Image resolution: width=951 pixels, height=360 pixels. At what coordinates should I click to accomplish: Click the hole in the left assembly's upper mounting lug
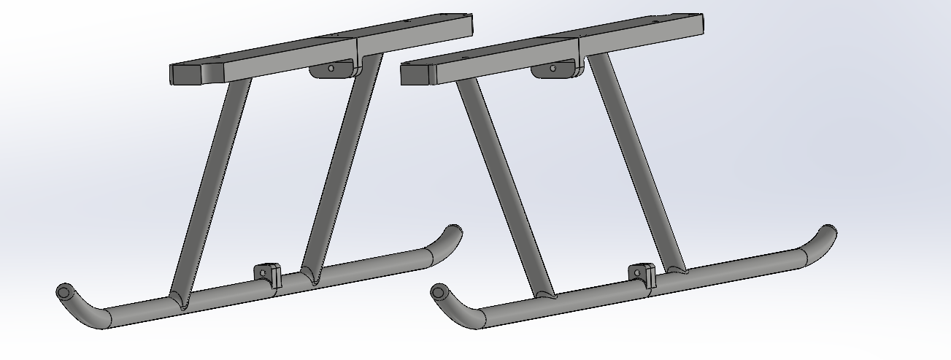(331, 68)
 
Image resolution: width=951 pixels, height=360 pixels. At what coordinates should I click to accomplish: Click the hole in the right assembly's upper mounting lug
(552, 69)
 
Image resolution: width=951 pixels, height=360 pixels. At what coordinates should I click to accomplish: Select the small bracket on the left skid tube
(268, 273)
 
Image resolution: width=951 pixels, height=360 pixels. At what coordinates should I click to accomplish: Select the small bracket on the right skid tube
(641, 273)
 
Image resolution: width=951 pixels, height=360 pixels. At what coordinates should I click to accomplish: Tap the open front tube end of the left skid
(65, 291)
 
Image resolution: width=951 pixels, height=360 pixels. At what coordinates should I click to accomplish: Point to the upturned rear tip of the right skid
(827, 233)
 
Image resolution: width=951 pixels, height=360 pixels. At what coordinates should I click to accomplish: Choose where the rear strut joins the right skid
(677, 269)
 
